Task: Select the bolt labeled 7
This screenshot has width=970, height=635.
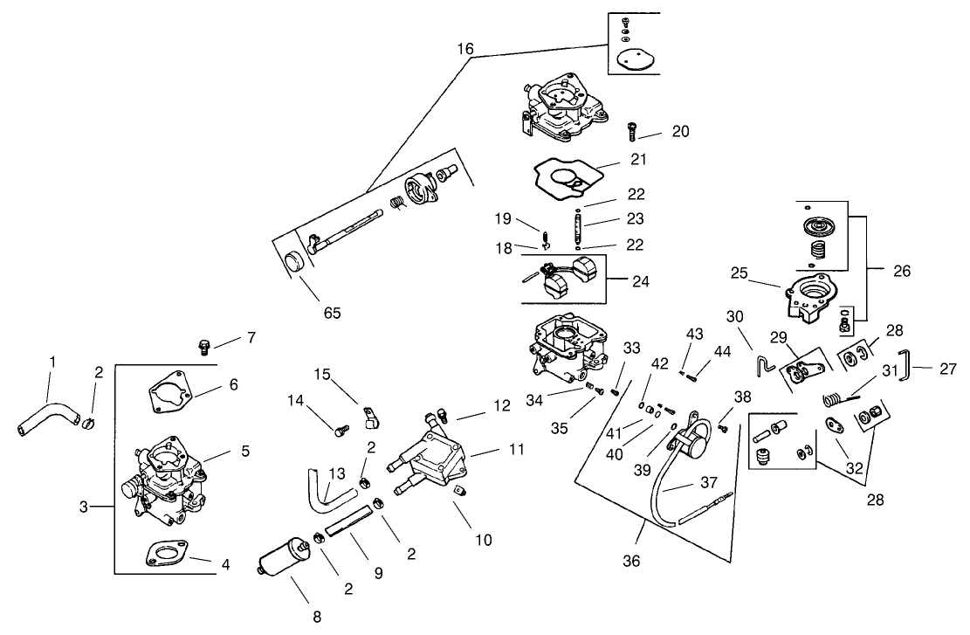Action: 206,346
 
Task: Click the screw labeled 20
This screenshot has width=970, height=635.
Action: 630,132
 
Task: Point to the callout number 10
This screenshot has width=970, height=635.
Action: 483,540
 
